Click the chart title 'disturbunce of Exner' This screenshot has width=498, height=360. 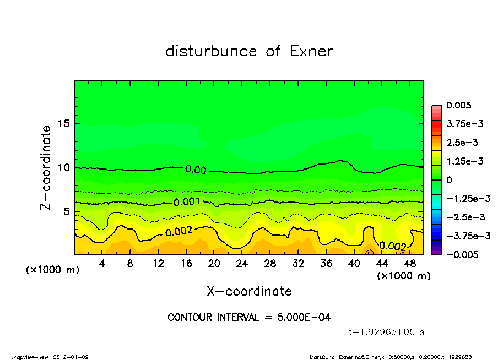tap(249, 52)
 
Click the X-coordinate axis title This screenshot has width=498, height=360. tap(249, 291)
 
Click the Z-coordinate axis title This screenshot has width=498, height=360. tap(46, 167)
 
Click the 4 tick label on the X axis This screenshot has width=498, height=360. tap(102, 264)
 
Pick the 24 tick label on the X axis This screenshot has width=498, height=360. tap(242, 264)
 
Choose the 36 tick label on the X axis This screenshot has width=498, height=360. tap(326, 264)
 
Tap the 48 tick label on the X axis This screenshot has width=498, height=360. tap(410, 264)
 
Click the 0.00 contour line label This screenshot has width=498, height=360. tap(196, 170)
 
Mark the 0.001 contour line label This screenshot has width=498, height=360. tap(186, 202)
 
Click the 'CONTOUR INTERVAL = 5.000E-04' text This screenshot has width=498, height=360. tap(249, 318)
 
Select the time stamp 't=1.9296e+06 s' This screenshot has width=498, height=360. tap(386, 332)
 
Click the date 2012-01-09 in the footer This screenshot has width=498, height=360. tap(71, 357)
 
